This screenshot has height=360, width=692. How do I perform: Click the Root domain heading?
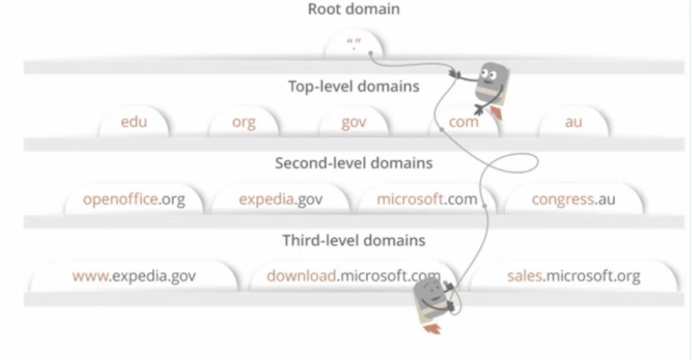tap(353, 9)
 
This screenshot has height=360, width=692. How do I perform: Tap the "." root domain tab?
tap(354, 45)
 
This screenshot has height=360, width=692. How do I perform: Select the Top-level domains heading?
tap(353, 87)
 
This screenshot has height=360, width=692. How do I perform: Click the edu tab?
tap(134, 122)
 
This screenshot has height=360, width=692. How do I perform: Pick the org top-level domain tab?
tap(244, 122)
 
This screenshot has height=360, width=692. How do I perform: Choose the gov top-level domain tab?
tap(354, 122)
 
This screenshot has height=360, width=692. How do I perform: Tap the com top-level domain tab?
tap(464, 122)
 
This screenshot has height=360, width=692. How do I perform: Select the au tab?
tap(573, 122)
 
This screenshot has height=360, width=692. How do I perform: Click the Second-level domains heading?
tap(353, 163)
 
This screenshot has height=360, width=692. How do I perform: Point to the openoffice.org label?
tap(134, 199)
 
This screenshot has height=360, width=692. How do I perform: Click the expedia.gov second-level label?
tap(281, 199)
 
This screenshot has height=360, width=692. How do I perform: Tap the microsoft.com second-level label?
tap(427, 199)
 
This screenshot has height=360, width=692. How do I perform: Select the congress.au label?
tap(573, 199)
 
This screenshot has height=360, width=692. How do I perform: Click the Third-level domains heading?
tap(353, 240)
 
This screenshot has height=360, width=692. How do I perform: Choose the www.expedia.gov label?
tap(134, 276)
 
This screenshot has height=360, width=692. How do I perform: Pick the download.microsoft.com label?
tap(353, 276)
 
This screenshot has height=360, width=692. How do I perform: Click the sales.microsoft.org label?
tap(573, 276)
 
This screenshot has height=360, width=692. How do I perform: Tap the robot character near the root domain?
tap(490, 87)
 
